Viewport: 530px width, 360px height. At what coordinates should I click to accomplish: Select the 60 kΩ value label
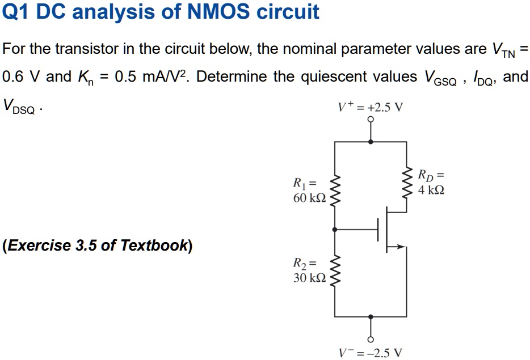[309, 198]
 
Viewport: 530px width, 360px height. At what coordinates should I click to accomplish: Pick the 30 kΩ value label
[309, 277]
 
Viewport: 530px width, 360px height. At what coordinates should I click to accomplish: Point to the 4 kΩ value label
[431, 190]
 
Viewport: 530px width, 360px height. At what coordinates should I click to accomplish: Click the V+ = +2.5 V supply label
[370, 107]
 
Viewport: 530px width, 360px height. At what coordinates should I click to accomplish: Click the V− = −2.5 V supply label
[370, 353]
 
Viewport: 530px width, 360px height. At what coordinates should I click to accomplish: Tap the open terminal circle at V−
[371, 340]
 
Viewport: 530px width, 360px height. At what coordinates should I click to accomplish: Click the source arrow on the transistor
[399, 247]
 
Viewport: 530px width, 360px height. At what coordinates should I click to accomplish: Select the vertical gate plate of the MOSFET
[378, 230]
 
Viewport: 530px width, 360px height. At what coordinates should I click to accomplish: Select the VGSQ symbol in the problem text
[440, 77]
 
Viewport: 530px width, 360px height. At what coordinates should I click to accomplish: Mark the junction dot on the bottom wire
[371, 317]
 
